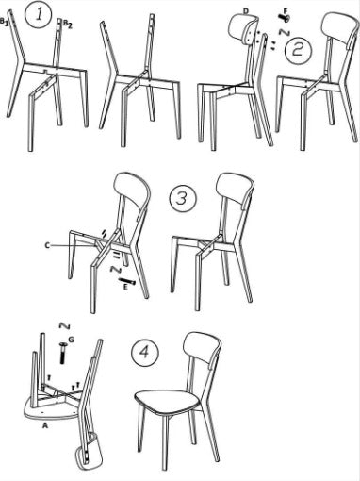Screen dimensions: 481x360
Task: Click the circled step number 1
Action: (x=37, y=16)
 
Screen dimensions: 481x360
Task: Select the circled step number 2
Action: (x=299, y=48)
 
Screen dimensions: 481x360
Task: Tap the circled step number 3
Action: (x=183, y=200)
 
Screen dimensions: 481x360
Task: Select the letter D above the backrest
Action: (x=245, y=10)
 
